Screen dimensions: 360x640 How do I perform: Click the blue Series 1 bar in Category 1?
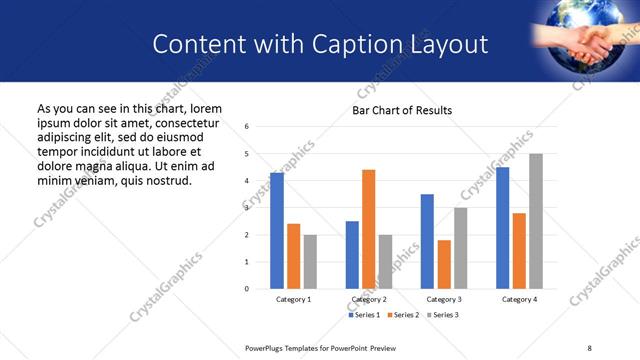click(277, 231)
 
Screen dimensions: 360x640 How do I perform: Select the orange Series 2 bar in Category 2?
click(368, 229)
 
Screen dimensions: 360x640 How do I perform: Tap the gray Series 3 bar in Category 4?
click(536, 221)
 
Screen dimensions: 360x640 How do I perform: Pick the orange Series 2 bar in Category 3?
click(444, 264)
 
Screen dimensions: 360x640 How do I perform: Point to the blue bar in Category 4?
click(502, 228)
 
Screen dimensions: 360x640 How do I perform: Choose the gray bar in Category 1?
click(310, 262)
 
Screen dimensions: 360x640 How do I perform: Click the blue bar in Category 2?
click(352, 255)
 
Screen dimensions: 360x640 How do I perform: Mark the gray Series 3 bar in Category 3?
click(460, 248)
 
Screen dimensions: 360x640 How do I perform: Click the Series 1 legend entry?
click(363, 315)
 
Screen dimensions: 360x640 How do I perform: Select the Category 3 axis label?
click(444, 299)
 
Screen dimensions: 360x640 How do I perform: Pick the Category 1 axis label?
click(293, 299)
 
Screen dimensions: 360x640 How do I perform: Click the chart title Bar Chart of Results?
click(402, 110)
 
